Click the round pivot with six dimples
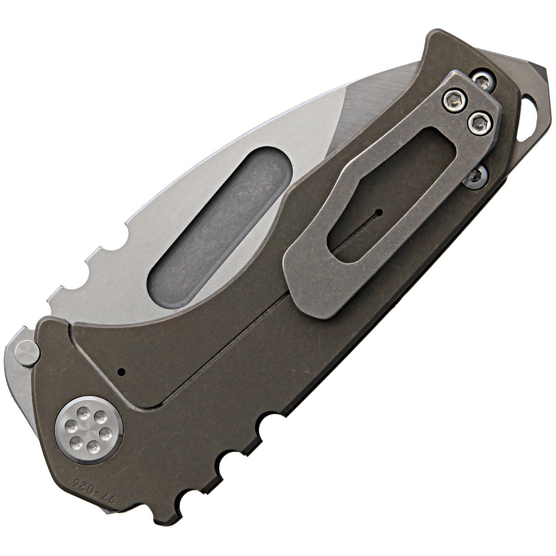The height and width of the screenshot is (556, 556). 89,430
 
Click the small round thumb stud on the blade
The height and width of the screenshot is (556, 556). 27,353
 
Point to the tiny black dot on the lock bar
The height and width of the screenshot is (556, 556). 121,372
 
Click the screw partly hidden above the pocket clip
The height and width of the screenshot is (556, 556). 482,81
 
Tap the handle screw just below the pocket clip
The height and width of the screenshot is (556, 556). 476,177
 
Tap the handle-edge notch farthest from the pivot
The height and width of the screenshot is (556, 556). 269,425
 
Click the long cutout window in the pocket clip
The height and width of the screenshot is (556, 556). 392,190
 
